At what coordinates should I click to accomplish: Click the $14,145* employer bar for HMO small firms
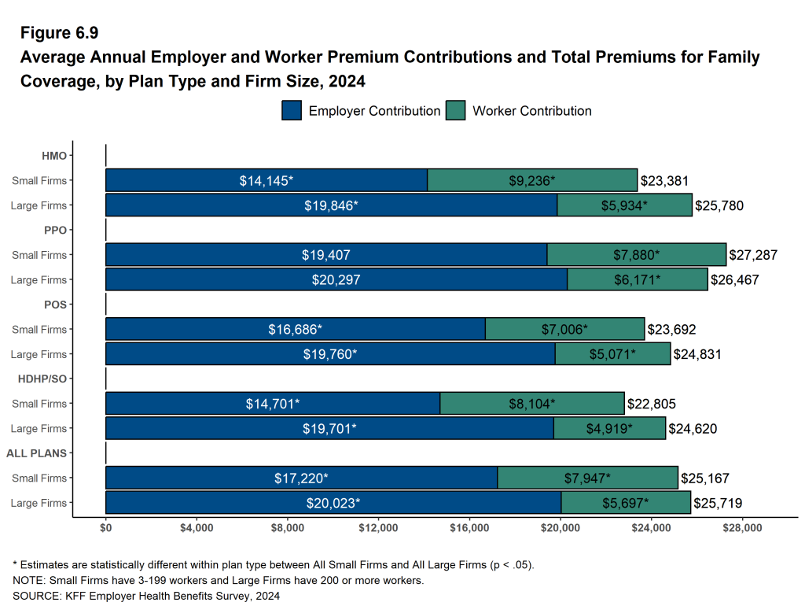click(266, 180)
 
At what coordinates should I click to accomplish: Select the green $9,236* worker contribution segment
click(531, 180)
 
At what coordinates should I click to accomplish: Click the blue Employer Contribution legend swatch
click(292, 111)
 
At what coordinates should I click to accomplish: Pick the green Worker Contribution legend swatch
click(455, 111)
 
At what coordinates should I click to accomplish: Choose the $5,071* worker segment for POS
click(612, 354)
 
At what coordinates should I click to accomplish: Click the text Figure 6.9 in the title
click(59, 33)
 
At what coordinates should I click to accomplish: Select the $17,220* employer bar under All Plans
click(301, 478)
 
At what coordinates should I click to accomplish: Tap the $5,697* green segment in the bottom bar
click(625, 503)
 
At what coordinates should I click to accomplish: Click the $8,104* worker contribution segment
click(531, 404)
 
